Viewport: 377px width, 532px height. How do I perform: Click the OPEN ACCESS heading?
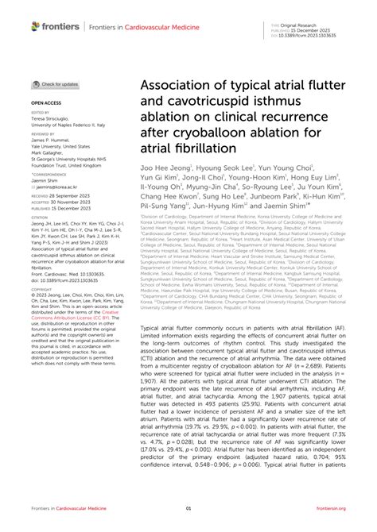pos(46,103)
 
